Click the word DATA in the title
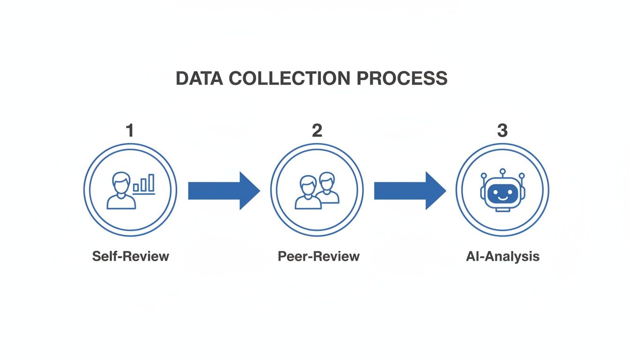[199, 78]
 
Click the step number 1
[130, 131]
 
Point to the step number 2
[317, 131]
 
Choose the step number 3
[502, 131]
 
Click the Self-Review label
[130, 256]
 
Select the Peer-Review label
[318, 256]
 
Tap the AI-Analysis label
[502, 256]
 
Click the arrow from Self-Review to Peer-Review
[223, 191]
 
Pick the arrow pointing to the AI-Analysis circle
[409, 191]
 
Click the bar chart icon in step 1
[144, 184]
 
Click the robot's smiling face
[502, 193]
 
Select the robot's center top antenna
[502, 172]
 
